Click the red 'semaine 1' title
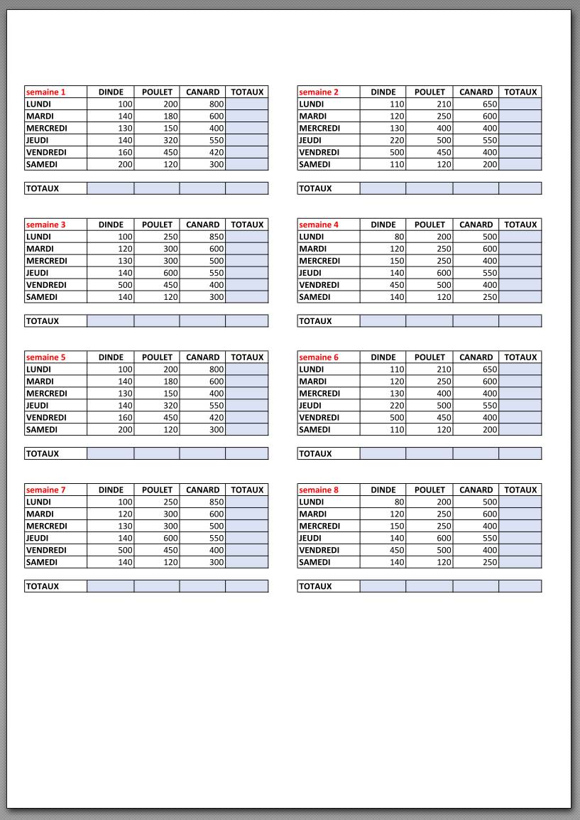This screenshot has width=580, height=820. pos(45,92)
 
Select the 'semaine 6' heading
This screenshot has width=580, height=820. pos(319,357)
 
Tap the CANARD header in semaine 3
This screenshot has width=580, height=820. pos(202,225)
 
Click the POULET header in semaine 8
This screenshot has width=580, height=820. pos(429,490)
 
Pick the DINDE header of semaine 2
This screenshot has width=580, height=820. pos(383,92)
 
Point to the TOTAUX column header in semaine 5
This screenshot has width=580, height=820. pos(247,357)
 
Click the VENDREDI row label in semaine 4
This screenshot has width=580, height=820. pos(319,285)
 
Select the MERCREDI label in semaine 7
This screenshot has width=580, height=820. pos(47,527)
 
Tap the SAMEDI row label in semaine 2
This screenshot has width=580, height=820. pos(314,165)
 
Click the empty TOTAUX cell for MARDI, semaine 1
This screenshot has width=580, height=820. pos(247,117)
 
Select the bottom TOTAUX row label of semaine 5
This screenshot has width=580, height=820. pos(43,454)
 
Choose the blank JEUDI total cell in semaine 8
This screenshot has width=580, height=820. pos(520,539)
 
